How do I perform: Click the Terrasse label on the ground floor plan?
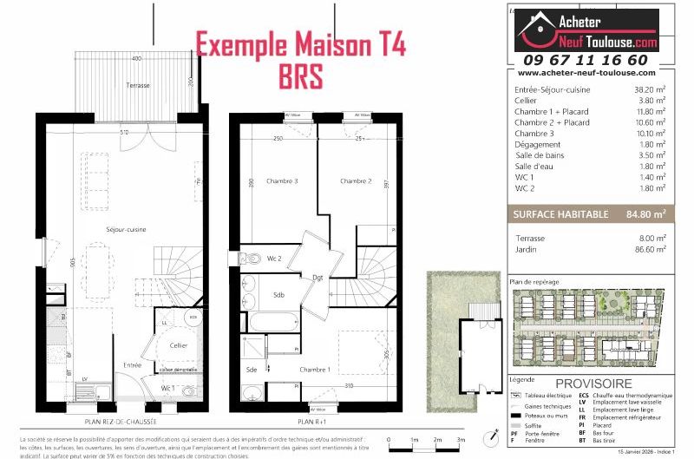tap(136, 85)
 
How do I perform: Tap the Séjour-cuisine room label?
tap(126, 229)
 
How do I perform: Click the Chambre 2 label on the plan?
tap(356, 181)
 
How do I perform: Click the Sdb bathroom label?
tap(279, 294)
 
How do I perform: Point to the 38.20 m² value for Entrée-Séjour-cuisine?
tap(649, 89)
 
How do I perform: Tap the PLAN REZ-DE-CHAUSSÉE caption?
tap(122, 421)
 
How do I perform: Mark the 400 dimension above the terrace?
tap(136, 58)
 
